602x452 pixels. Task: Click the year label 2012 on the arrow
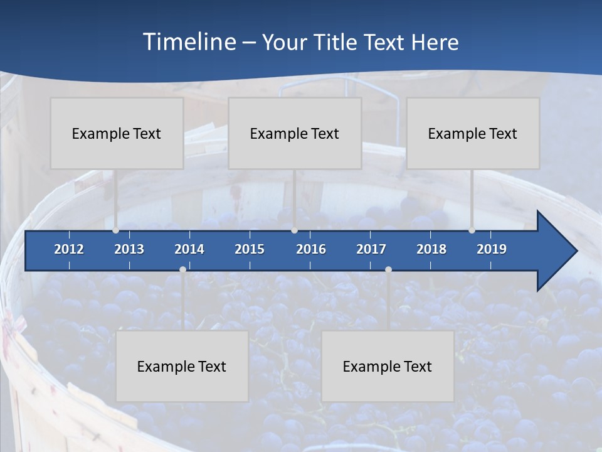click(69, 249)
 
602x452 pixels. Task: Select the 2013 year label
click(129, 249)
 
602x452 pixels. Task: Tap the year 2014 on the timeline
click(189, 249)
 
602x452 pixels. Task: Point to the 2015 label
click(250, 249)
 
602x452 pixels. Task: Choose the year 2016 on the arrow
click(311, 249)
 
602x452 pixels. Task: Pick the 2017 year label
click(371, 249)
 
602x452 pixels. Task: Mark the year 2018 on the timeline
click(431, 249)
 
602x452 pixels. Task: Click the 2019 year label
click(492, 249)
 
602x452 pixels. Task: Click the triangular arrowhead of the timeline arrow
click(556, 251)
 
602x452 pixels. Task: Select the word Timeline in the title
click(189, 42)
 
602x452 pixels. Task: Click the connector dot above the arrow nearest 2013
click(116, 230)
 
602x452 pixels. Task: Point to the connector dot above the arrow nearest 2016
click(295, 230)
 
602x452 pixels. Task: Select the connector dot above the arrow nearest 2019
click(472, 230)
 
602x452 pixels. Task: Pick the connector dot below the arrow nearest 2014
click(182, 269)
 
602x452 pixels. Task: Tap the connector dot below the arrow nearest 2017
click(388, 269)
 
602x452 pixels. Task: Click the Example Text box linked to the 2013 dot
click(117, 133)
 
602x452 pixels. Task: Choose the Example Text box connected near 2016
click(295, 133)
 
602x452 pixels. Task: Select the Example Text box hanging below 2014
click(182, 366)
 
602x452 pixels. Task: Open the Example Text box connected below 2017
click(388, 366)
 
